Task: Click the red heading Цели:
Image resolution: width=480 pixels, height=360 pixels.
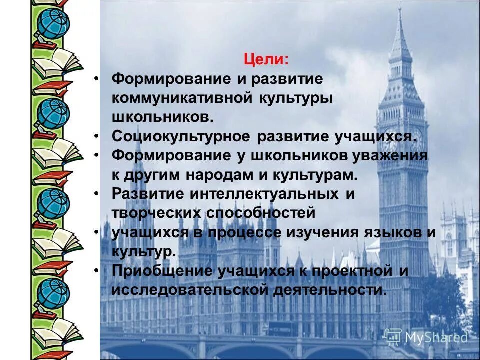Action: pyautogui.click(x=266, y=59)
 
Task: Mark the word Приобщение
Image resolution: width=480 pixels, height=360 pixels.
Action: pyautogui.click(x=160, y=271)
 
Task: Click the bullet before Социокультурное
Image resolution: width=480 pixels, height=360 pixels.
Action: pyautogui.click(x=97, y=136)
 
